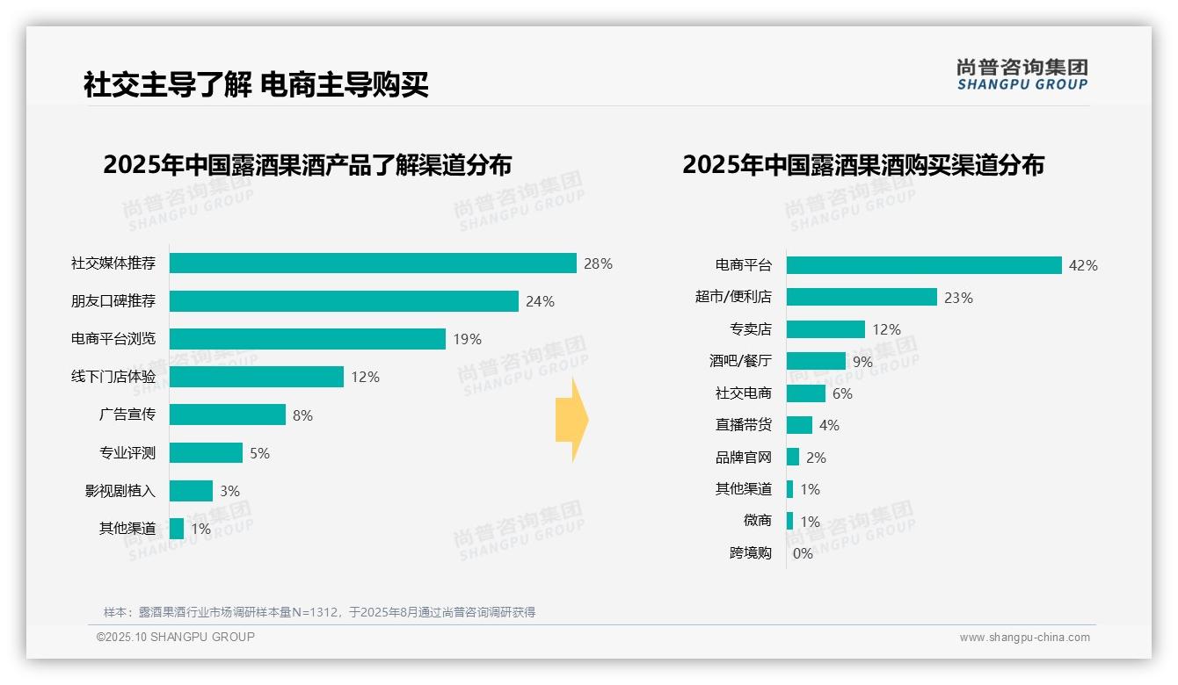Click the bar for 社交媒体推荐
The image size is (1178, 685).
click(x=373, y=263)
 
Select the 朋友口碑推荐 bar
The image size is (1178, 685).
click(x=344, y=301)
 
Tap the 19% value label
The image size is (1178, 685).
click(x=467, y=339)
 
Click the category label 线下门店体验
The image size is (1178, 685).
click(x=113, y=377)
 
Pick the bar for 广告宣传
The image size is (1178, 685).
click(x=228, y=415)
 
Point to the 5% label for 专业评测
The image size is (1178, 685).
click(x=259, y=453)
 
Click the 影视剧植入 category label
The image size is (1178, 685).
click(x=120, y=491)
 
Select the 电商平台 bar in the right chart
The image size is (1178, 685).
click(x=924, y=265)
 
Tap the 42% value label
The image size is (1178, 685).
click(x=1083, y=265)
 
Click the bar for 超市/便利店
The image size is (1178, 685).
click(x=862, y=297)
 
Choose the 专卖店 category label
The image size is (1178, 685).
click(x=750, y=329)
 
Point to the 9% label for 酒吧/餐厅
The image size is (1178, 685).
click(x=862, y=361)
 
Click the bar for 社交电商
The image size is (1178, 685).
click(x=806, y=393)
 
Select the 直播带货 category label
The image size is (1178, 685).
click(x=743, y=425)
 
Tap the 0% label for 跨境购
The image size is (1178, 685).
click(x=803, y=553)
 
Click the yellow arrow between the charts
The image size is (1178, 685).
click(x=571, y=421)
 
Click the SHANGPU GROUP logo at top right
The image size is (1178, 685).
click(x=1022, y=75)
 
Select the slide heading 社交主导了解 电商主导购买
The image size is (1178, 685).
click(x=256, y=85)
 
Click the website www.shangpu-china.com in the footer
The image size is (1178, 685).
click(x=1024, y=638)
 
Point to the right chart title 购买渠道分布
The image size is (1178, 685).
click(x=862, y=165)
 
